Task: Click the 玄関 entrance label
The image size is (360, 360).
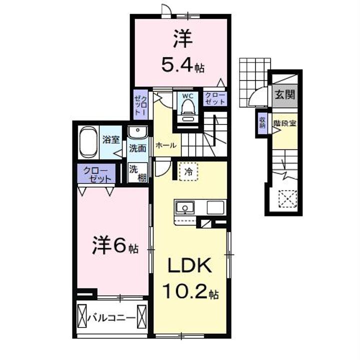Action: pyautogui.click(x=283, y=94)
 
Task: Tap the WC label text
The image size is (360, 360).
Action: pyautogui.click(x=188, y=94)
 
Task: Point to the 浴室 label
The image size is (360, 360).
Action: pyautogui.click(x=110, y=140)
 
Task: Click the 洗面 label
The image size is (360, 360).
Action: pyautogui.click(x=137, y=148)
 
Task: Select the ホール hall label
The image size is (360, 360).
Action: pyautogui.click(x=165, y=145)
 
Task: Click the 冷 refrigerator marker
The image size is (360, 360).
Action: pyautogui.click(x=188, y=171)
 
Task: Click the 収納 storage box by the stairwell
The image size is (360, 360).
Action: pyautogui.click(x=262, y=122)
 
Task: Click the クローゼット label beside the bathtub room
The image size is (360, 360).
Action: pyautogui.click(x=96, y=174)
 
